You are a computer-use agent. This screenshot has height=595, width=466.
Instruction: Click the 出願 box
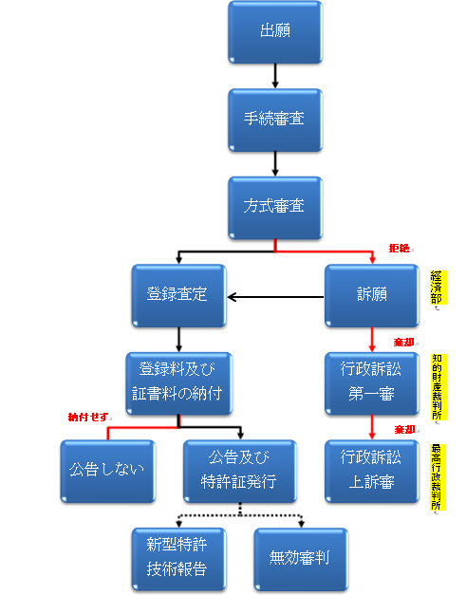pyautogui.click(x=275, y=32)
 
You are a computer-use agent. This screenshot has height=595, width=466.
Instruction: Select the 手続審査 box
pyautogui.click(x=275, y=120)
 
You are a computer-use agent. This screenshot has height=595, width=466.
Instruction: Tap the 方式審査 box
pyautogui.click(x=275, y=208)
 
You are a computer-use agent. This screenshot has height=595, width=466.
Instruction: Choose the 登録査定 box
pyautogui.click(x=178, y=296)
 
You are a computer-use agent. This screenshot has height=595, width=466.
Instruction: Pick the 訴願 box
pyautogui.click(x=372, y=296)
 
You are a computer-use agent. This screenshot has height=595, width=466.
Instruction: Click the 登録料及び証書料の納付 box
pyautogui.click(x=178, y=383)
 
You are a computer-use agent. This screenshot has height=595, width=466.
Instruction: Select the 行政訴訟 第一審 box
pyautogui.click(x=372, y=383)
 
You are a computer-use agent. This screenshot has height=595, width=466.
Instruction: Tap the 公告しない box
pyautogui.click(x=108, y=472)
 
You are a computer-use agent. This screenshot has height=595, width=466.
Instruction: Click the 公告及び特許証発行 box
pyautogui.click(x=240, y=472)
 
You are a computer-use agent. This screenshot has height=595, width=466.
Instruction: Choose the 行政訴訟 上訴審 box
pyautogui.click(x=372, y=472)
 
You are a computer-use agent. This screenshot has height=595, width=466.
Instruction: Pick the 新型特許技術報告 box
pyautogui.click(x=178, y=559)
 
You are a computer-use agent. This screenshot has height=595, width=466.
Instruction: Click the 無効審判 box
pyautogui.click(x=301, y=559)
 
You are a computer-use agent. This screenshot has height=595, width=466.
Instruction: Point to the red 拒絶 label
pyautogui.click(x=399, y=249)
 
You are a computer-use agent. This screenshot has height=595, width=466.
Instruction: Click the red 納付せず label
pyautogui.click(x=88, y=417)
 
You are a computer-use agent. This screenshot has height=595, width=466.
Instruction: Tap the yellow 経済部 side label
pyautogui.click(x=438, y=288)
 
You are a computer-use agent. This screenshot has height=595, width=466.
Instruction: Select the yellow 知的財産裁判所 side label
pyautogui.click(x=438, y=386)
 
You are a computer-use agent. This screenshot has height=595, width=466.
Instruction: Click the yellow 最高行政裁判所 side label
pyautogui.click(x=438, y=477)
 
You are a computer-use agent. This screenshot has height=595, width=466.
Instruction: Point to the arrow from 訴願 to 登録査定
pyautogui.click(x=275, y=297)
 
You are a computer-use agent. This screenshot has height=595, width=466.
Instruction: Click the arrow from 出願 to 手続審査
pyautogui.click(x=275, y=76)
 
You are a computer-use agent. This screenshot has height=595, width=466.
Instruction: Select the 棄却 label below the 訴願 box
pyautogui.click(x=403, y=343)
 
